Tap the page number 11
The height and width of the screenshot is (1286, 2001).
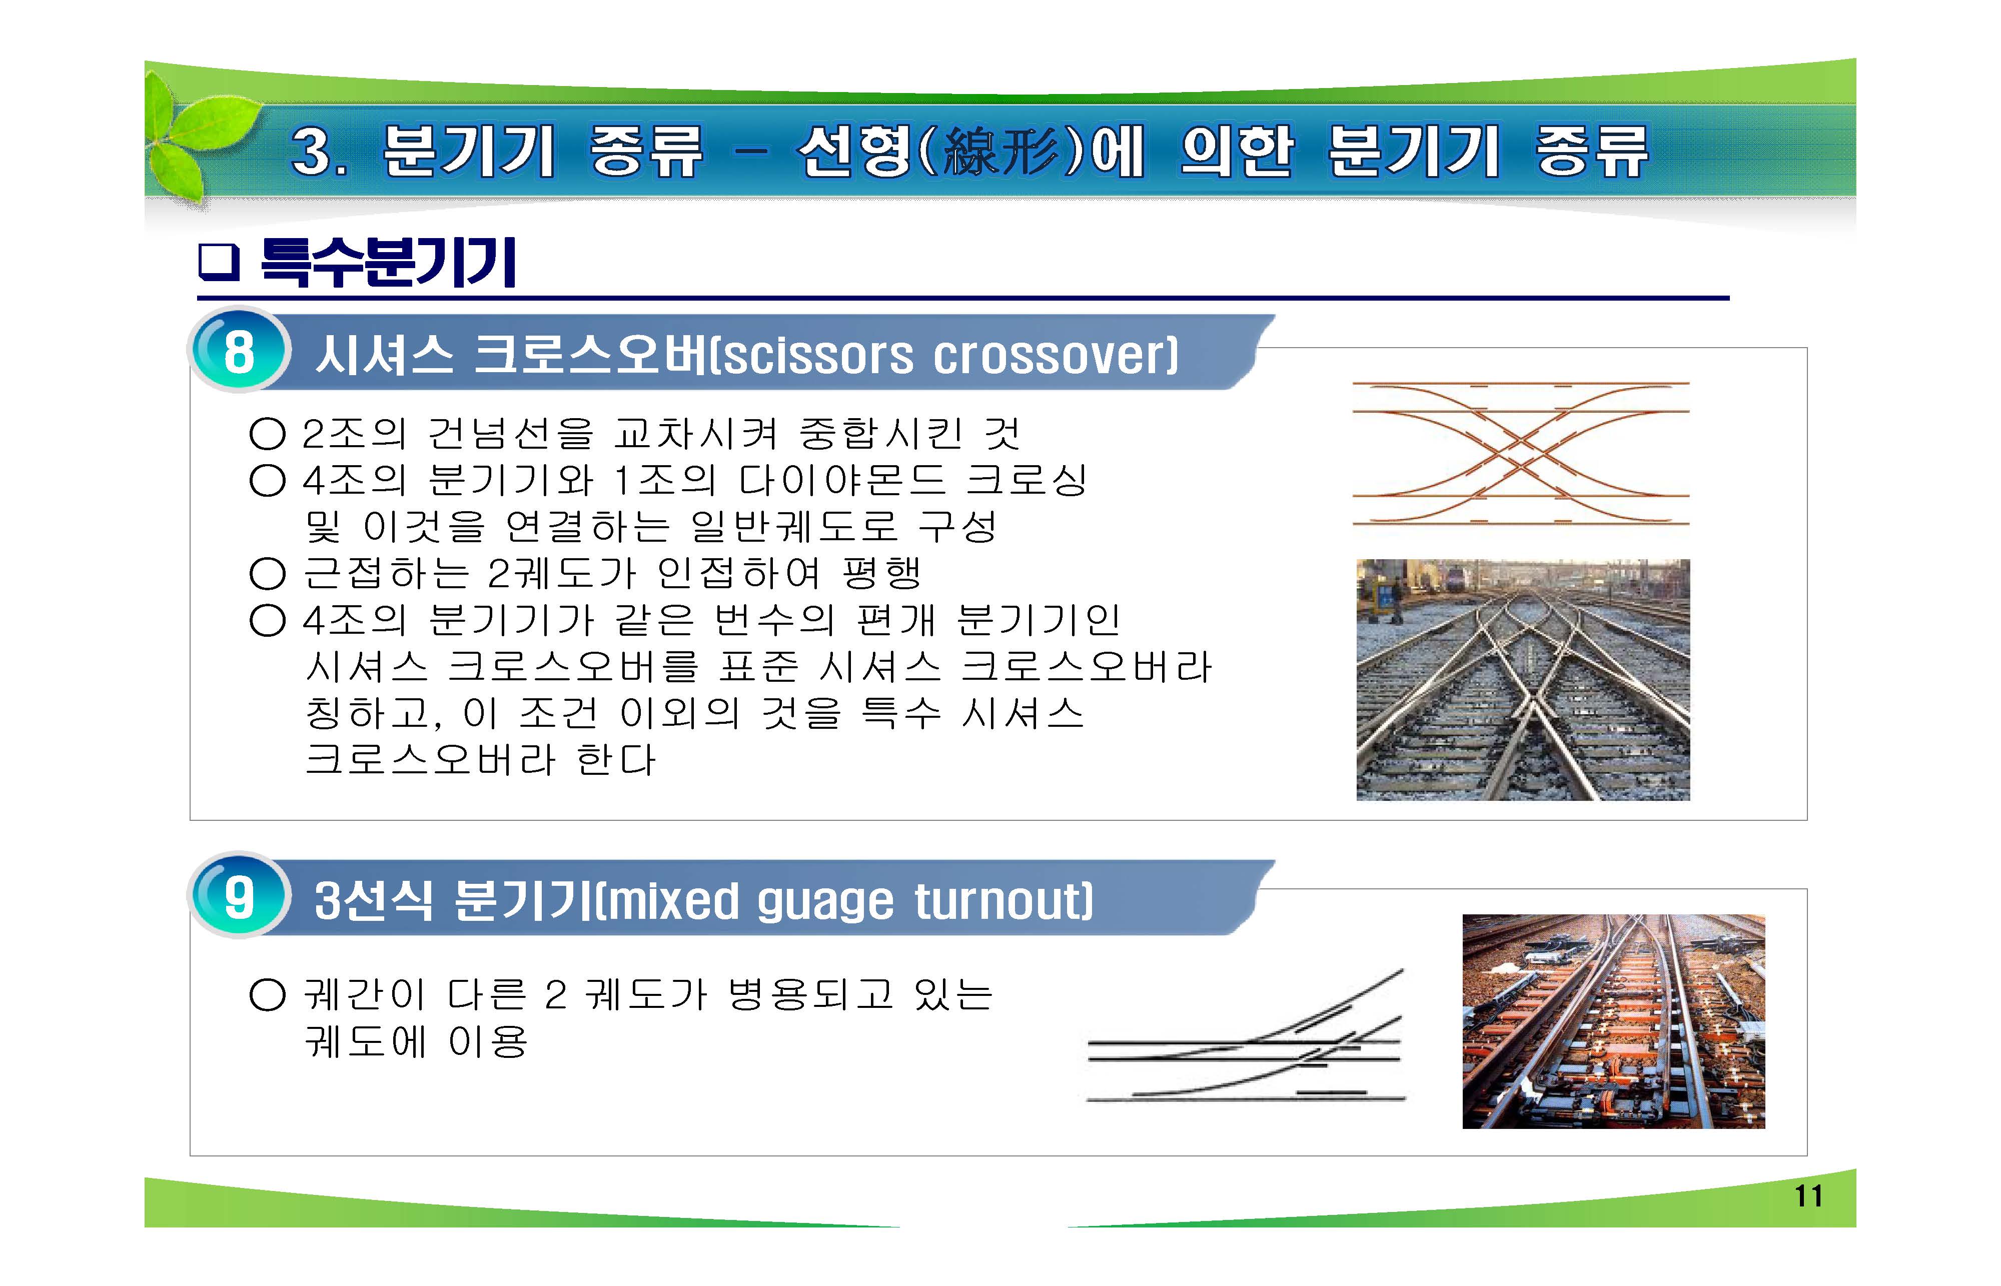pyautogui.click(x=1808, y=1196)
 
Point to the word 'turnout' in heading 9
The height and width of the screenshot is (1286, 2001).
pyautogui.click(x=1002, y=902)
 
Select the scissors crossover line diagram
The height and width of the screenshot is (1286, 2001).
pyautogui.click(x=1520, y=454)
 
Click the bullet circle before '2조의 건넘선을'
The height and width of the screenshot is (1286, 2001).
pyautogui.click(x=267, y=433)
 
